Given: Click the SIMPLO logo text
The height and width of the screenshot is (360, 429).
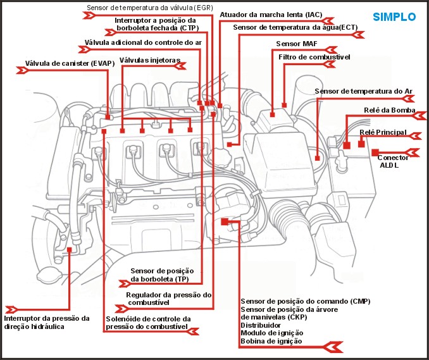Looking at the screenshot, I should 394,16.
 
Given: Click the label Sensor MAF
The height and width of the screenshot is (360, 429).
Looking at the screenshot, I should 296,44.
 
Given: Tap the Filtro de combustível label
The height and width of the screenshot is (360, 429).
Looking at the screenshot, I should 314,58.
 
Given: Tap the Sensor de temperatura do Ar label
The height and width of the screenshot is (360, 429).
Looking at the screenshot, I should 363,91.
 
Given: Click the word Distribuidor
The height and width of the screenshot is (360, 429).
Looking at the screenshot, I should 260,325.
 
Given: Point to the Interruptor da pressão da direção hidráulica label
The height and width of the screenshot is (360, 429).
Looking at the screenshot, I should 47,323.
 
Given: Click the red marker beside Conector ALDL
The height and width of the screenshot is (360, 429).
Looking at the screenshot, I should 375,152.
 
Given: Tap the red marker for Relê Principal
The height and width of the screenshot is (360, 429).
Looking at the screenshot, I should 361,144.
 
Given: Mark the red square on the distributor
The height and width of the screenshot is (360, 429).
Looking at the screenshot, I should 225,221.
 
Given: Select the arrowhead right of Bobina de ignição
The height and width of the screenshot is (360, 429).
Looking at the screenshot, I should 333,346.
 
